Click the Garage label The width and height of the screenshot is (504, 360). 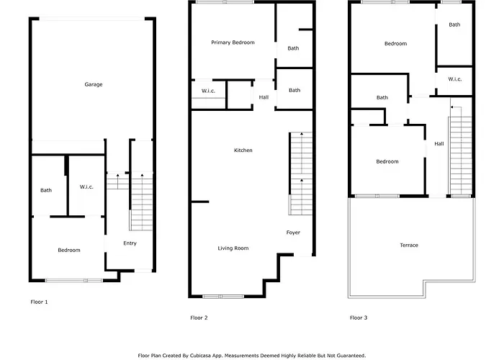click(94, 84)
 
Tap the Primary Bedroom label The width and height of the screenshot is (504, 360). click(233, 42)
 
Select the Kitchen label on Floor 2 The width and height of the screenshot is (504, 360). click(243, 150)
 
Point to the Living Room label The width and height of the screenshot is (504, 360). click(233, 248)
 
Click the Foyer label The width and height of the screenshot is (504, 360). click(293, 233)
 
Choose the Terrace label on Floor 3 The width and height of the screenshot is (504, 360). click(409, 246)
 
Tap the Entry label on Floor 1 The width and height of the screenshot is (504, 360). click(130, 243)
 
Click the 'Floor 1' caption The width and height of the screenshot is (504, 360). click(39, 302)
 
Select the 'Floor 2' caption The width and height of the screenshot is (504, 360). click(199, 318)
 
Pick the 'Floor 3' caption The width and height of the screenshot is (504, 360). click(359, 318)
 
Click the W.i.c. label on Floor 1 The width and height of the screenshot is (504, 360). click(86, 186)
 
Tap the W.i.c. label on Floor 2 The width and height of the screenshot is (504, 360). click(208, 91)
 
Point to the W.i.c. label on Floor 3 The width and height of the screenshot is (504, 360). click(455, 79)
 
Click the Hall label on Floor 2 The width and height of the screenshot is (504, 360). click(264, 97)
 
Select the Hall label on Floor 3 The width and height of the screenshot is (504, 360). click(439, 144)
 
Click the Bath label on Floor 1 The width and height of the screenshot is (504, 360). click(46, 190)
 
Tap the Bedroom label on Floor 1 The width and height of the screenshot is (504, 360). click(69, 250)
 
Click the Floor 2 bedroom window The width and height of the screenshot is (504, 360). click(225, 2)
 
